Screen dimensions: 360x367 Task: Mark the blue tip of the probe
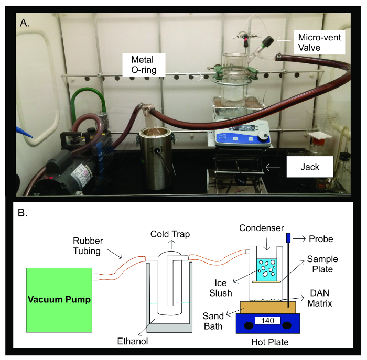[x=288, y=238]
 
